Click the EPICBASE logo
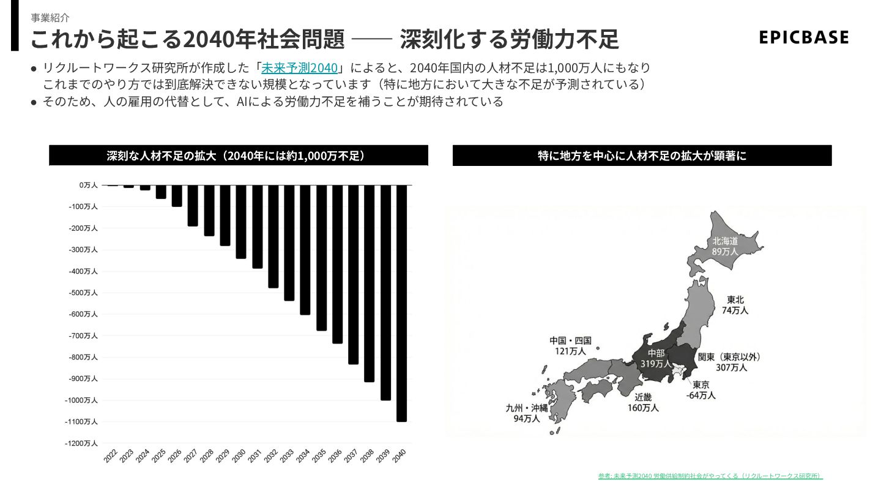tap(803, 37)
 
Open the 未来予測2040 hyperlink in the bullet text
tap(299, 68)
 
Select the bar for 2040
tap(401, 302)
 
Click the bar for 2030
tap(241, 221)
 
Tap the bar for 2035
tap(321, 257)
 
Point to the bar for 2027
tap(193, 205)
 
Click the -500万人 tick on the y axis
tap(83, 293)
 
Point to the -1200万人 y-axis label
tap(81, 443)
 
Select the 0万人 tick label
tap(87, 185)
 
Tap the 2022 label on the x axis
tap(111, 456)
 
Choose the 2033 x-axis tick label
tap(287, 456)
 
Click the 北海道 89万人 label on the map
tap(725, 246)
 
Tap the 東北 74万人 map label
tap(735, 305)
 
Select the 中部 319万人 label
tap(656, 358)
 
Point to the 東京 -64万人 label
tap(701, 390)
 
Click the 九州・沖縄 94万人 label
tap(527, 413)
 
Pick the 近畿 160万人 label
tap(643, 402)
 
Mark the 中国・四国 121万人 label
tap(570, 346)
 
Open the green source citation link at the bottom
tap(710, 476)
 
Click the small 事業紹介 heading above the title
tap(50, 18)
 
